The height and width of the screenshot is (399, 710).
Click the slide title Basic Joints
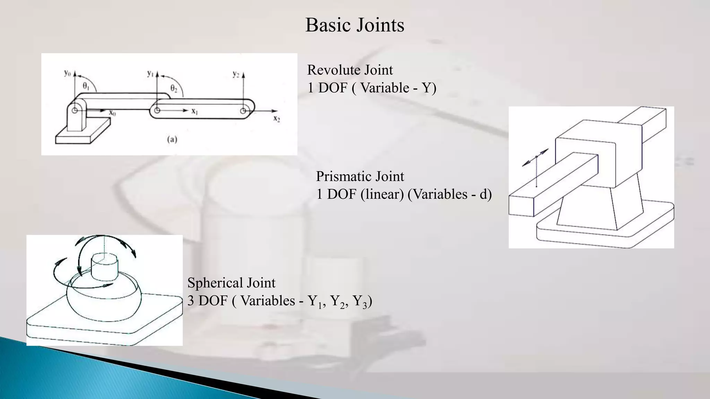[355, 25]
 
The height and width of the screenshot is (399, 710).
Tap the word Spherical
[215, 283]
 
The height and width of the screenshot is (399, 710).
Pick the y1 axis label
[150, 73]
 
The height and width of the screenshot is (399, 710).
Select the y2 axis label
[236, 74]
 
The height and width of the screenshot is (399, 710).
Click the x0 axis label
[112, 113]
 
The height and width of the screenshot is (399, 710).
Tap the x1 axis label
[194, 111]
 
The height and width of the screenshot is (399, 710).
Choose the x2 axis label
[276, 118]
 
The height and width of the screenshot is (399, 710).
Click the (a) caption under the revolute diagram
[172, 139]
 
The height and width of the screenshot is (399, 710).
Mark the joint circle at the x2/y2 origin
[243, 111]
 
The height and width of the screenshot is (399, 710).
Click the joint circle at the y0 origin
[75, 110]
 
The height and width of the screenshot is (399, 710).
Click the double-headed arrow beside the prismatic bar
[536, 157]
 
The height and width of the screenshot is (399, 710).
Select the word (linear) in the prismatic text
[382, 194]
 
